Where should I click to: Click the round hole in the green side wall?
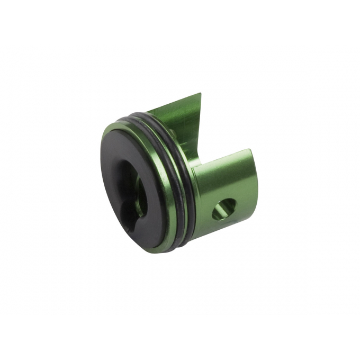click(223, 209)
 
